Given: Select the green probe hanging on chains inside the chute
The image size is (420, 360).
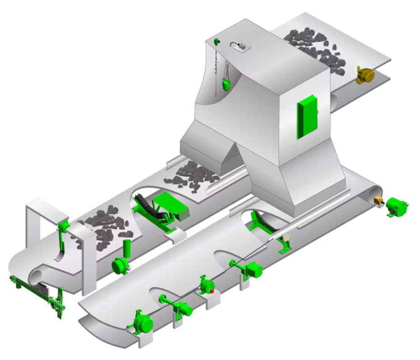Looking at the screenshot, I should pos(227,84).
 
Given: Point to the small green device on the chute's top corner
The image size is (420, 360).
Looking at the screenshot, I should pos(217,42).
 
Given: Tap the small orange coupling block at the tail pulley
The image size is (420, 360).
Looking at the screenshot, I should pos(379,202).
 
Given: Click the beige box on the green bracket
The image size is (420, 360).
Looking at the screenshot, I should pos(285,238).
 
